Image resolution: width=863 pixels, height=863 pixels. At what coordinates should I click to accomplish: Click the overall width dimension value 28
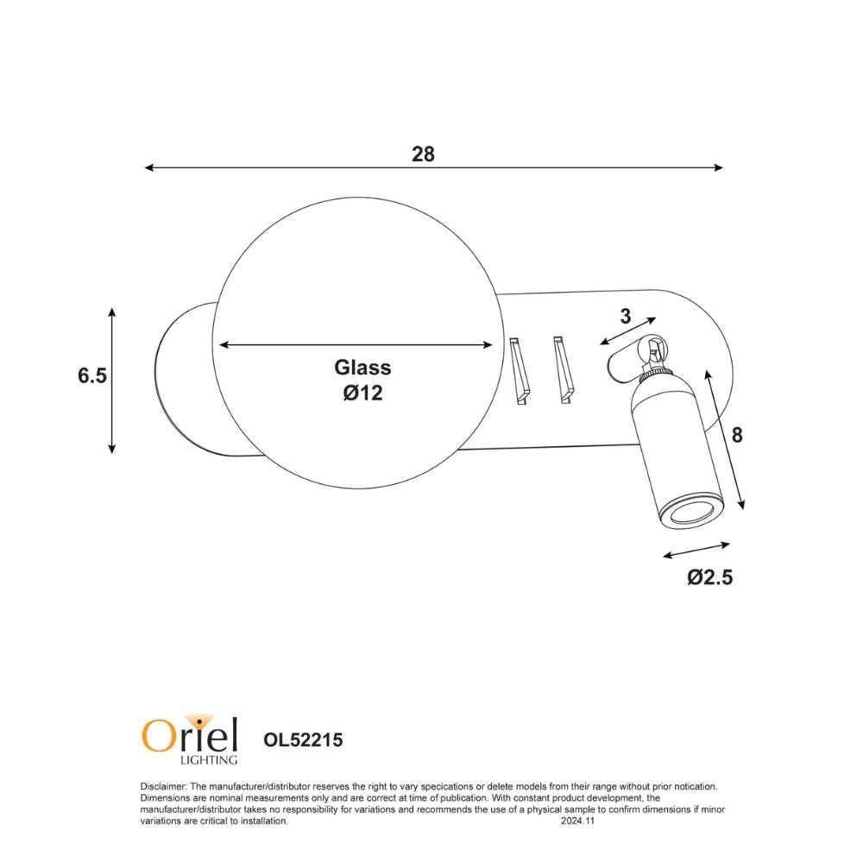pos(423,154)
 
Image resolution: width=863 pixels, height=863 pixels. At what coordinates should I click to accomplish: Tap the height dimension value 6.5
pos(92,376)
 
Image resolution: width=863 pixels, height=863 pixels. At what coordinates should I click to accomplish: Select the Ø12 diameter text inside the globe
pos(362,394)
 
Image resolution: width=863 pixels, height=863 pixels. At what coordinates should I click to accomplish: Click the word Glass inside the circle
pos(362,368)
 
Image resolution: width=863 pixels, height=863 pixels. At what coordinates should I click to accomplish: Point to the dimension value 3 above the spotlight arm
pos(626,317)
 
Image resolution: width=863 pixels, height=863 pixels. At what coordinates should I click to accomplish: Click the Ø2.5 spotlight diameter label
pos(709,578)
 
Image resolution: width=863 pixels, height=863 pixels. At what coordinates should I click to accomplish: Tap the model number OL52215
pos(303,740)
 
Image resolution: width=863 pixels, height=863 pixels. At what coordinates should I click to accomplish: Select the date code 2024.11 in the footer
pos(578,822)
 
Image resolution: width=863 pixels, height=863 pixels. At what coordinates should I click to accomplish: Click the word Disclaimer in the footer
pos(162,787)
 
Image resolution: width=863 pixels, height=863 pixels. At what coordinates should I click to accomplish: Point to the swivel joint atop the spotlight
pos(653,350)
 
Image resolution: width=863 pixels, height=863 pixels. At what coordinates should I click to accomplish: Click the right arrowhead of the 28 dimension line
pos(718,168)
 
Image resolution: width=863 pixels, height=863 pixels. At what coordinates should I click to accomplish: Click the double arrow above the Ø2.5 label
pos(697,550)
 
